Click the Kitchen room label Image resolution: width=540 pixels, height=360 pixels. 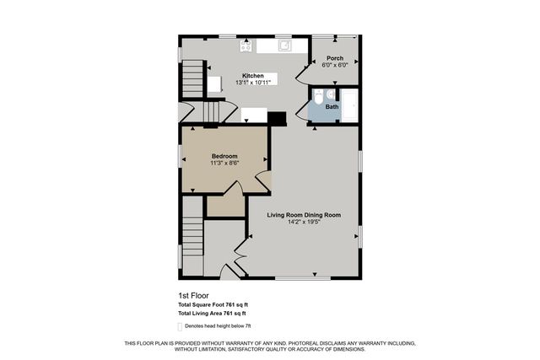(x=253, y=75)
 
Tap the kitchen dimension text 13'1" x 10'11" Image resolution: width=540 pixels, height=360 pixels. (x=253, y=83)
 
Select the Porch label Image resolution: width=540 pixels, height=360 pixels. (x=334, y=58)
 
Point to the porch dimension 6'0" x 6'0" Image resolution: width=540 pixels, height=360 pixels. (x=334, y=65)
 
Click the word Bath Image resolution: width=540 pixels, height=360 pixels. (x=332, y=107)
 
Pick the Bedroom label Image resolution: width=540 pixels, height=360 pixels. (x=224, y=156)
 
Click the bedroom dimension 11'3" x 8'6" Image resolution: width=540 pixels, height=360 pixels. (x=224, y=163)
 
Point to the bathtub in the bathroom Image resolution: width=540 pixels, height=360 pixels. (x=351, y=105)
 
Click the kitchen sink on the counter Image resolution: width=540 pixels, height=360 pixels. (x=285, y=45)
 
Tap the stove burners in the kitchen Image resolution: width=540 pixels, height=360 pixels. (x=247, y=45)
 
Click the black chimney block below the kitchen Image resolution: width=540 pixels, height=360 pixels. (x=277, y=118)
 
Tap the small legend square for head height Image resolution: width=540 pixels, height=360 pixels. (x=180, y=325)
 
